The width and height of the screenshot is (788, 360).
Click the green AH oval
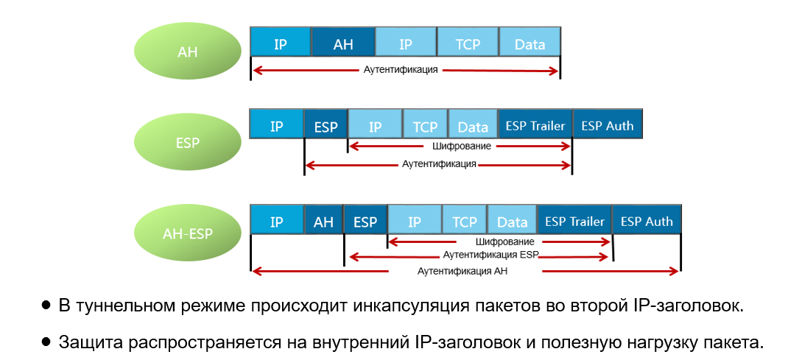point(188,52)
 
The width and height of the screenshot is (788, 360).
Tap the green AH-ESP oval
point(188,234)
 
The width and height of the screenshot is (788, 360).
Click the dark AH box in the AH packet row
point(343,44)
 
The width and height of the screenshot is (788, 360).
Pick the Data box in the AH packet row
point(530,44)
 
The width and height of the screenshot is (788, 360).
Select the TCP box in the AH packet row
point(468,44)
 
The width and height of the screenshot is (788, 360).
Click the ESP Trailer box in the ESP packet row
point(535,126)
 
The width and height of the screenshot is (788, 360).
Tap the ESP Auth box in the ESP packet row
point(608,126)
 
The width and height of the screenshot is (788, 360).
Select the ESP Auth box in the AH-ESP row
point(647,221)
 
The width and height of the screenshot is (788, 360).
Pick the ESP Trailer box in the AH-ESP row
point(574,221)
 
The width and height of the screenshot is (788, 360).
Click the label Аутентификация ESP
point(490,255)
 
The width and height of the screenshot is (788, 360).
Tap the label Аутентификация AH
point(462,271)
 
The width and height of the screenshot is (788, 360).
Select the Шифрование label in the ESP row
point(462,147)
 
